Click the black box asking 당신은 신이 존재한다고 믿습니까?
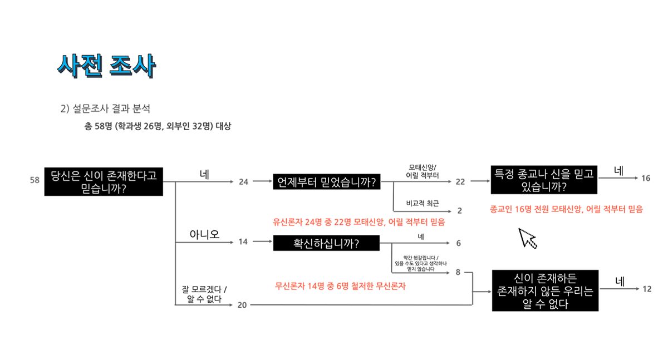click(104, 181)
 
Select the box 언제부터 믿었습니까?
click(326, 182)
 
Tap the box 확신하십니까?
click(326, 243)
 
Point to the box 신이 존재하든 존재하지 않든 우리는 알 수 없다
click(545, 290)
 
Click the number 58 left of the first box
click(35, 180)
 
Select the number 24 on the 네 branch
click(243, 182)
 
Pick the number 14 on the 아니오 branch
click(243, 242)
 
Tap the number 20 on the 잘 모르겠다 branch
click(242, 305)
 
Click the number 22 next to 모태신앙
click(460, 181)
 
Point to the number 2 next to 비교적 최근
click(460, 211)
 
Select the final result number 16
click(646, 179)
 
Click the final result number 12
click(647, 289)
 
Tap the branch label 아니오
click(204, 234)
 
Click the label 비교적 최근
click(423, 203)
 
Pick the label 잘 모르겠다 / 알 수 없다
click(204, 294)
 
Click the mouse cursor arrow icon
click(527, 238)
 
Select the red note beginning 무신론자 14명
click(341, 286)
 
